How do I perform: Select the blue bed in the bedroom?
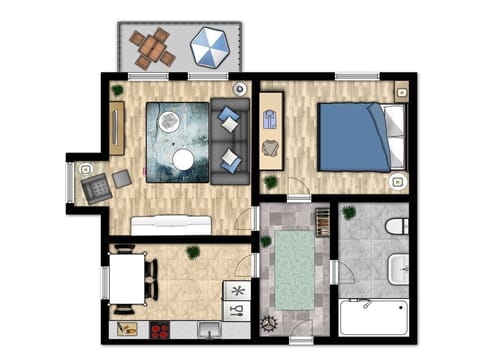point(351,137)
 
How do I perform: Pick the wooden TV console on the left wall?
point(117,128)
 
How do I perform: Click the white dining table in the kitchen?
point(127,279)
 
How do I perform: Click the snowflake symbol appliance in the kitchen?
point(237,290)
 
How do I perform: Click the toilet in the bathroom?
point(397,225)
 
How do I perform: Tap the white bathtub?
point(372,318)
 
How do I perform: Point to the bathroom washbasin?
point(398,268)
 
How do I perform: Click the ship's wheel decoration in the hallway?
point(267,324)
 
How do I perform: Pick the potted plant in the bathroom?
point(349,212)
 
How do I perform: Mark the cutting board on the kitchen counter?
point(127,327)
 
